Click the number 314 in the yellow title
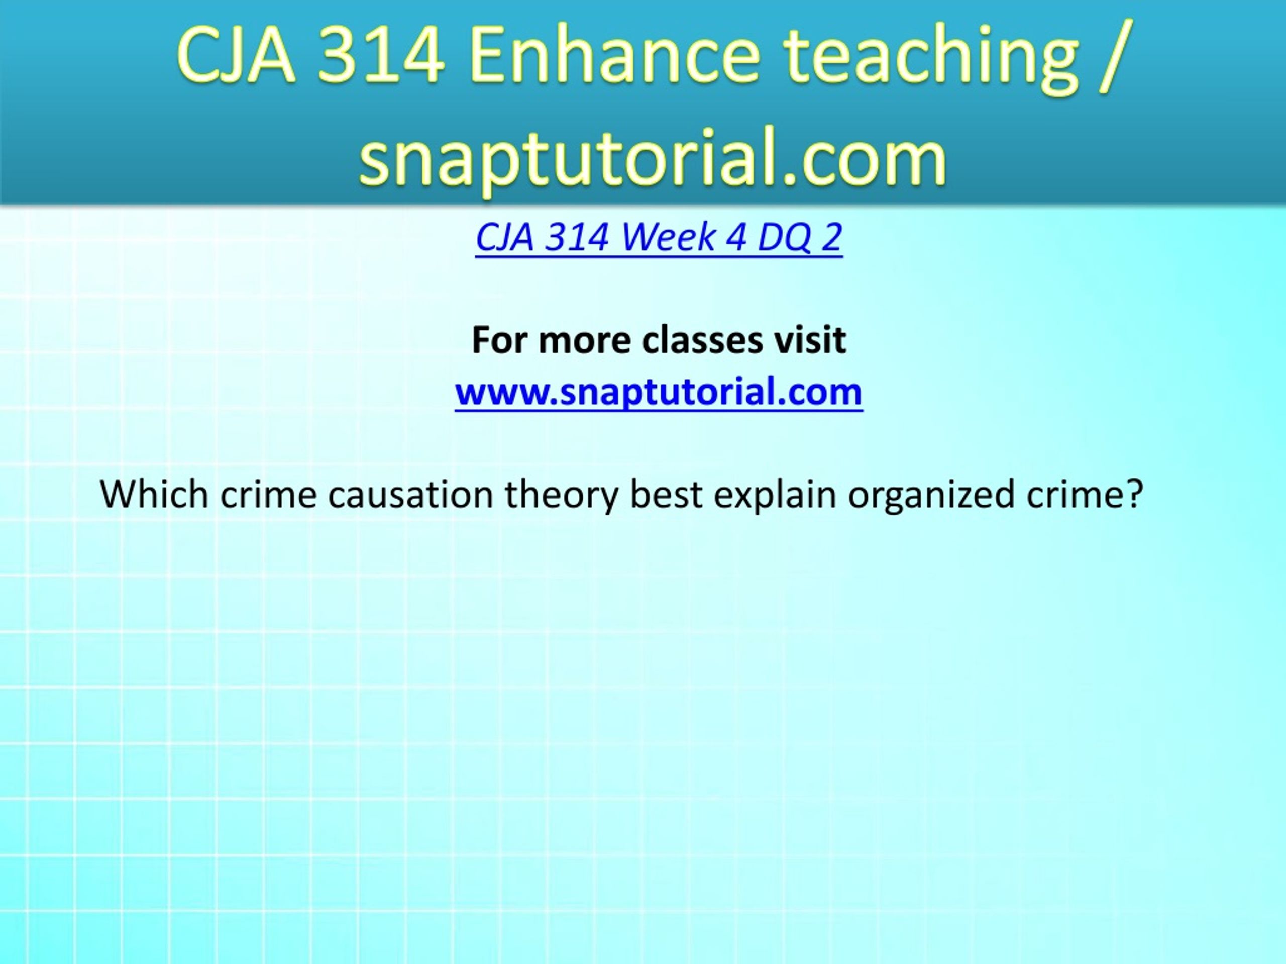381,56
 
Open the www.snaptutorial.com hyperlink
659,393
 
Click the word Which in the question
154,495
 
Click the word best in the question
666,495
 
